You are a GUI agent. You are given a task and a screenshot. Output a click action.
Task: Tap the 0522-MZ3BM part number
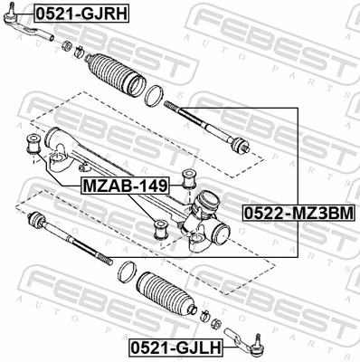[296, 213]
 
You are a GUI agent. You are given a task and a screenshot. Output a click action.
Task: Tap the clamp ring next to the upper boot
[155, 93]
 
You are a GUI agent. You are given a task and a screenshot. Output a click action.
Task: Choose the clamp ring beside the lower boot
[128, 270]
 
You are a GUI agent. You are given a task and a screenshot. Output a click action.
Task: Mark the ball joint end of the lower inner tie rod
[38, 221]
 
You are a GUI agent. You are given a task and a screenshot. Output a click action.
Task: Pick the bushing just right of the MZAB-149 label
[191, 176]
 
